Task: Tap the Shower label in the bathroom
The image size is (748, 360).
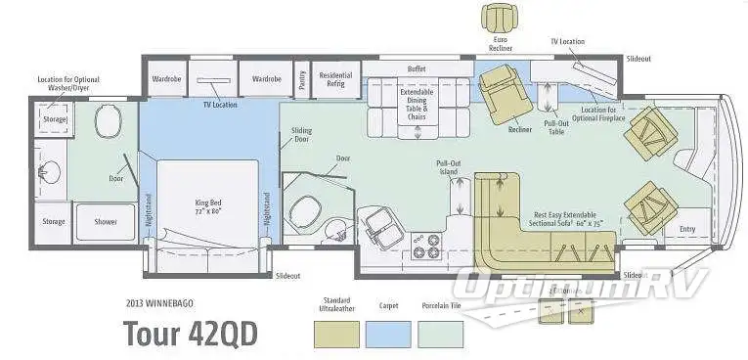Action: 106,222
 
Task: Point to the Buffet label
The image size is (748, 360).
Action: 417,69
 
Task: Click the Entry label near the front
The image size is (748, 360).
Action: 688,229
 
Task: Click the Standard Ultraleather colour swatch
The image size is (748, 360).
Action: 336,332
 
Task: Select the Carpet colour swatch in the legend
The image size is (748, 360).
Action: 385,332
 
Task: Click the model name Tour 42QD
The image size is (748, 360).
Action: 190,334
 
